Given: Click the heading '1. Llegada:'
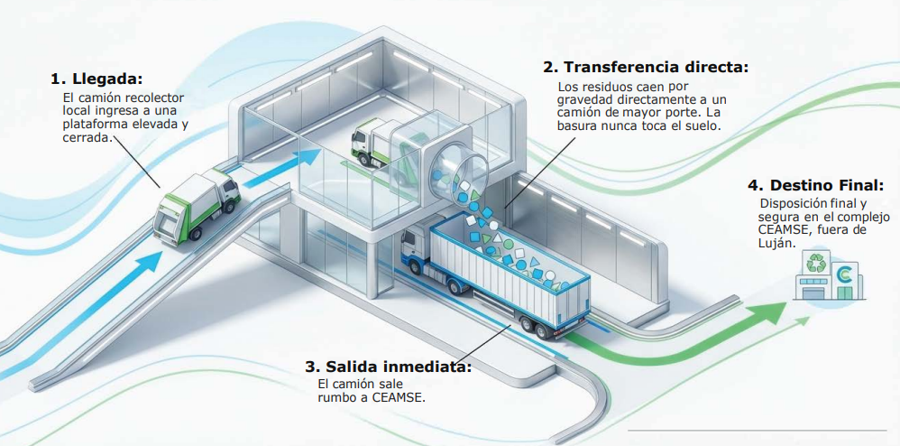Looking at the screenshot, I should [96, 79].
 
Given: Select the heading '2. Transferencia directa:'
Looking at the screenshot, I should [645, 67].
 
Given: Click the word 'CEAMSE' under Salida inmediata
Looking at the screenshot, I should [398, 397].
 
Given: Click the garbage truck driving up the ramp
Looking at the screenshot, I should [194, 206].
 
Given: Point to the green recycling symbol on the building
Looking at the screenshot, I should [818, 264].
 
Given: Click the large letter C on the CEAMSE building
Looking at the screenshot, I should [846, 275].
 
